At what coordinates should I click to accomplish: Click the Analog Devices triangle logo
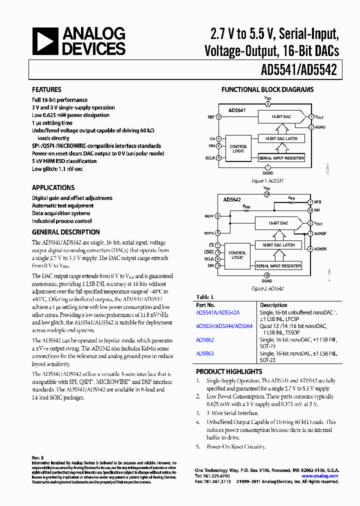click(45, 40)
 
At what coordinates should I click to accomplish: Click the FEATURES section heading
click(46, 89)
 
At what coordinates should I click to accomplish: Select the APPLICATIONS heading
click(53, 187)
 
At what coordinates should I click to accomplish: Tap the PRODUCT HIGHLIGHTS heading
click(229, 371)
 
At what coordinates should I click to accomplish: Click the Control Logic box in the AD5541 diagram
click(238, 148)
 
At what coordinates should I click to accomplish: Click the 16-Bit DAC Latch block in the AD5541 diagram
click(281, 138)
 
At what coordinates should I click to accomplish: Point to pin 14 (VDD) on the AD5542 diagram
click(267, 194)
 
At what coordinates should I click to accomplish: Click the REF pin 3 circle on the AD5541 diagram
click(218, 116)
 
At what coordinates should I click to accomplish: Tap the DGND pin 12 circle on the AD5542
click(267, 275)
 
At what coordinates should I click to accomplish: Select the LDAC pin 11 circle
click(218, 251)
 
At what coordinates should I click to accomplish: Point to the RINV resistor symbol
click(246, 210)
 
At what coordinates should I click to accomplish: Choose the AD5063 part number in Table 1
click(205, 353)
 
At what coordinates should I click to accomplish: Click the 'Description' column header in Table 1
click(273, 305)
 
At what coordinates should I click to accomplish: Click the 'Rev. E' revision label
click(38, 457)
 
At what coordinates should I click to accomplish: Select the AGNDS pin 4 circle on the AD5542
click(310, 248)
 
